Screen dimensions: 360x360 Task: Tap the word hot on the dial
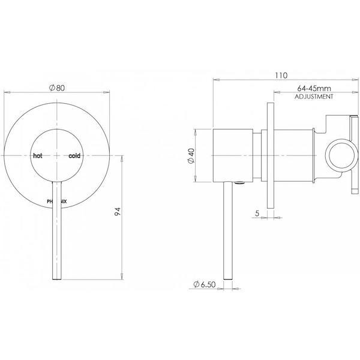[x=37, y=155]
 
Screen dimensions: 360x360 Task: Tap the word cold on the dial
[x=74, y=155]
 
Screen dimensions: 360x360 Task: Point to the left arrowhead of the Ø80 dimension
[x=7, y=92]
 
